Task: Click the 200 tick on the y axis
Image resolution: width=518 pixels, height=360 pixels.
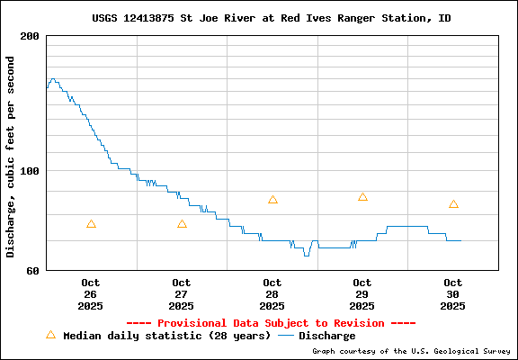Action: tap(31, 36)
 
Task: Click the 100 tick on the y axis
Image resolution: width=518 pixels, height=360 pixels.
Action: tap(31, 171)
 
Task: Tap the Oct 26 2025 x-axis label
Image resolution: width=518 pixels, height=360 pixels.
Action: tap(91, 294)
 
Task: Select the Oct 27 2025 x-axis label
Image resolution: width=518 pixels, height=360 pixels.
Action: tap(182, 294)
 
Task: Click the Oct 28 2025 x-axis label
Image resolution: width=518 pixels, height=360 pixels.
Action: tap(272, 294)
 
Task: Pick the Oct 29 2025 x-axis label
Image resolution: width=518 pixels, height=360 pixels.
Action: tap(362, 294)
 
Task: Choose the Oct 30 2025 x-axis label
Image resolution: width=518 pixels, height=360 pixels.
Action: tap(453, 294)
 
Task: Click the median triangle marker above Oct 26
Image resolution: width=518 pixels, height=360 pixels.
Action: tap(91, 224)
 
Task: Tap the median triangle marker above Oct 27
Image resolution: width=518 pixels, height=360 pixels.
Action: tap(182, 224)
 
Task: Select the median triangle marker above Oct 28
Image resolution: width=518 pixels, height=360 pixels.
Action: tap(272, 200)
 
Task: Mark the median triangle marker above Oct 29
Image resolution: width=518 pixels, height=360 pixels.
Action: tap(362, 197)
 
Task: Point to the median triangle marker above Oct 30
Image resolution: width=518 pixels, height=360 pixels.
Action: tap(453, 204)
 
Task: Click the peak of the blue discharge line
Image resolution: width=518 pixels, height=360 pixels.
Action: tap(53, 79)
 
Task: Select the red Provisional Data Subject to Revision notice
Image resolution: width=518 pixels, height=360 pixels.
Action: tap(271, 322)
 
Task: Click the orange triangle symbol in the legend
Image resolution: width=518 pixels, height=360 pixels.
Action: tap(50, 335)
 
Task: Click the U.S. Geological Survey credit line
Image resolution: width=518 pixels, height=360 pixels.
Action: tap(411, 352)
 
